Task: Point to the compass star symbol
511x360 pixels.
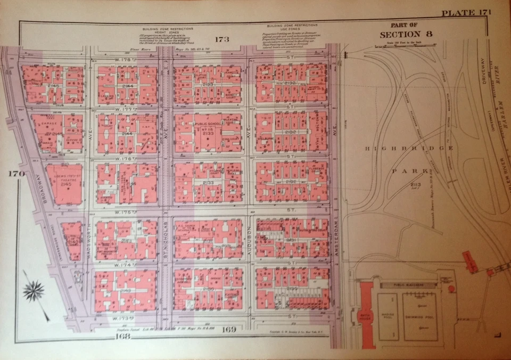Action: [34, 290]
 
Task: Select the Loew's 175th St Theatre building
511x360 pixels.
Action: [64, 184]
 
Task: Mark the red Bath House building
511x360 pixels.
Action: [366, 314]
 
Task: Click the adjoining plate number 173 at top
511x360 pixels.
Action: [222, 39]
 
